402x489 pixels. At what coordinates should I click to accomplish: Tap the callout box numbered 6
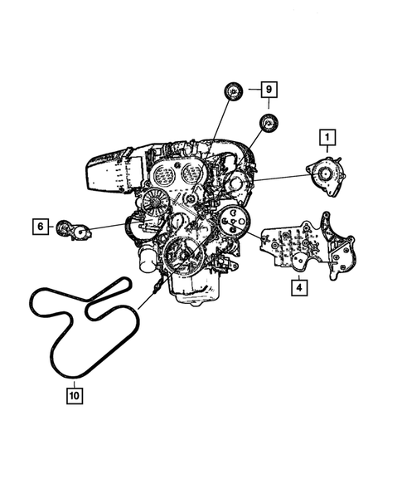40,225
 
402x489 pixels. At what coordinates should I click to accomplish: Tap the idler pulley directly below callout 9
269,125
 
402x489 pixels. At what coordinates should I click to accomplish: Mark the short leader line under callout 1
328,152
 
